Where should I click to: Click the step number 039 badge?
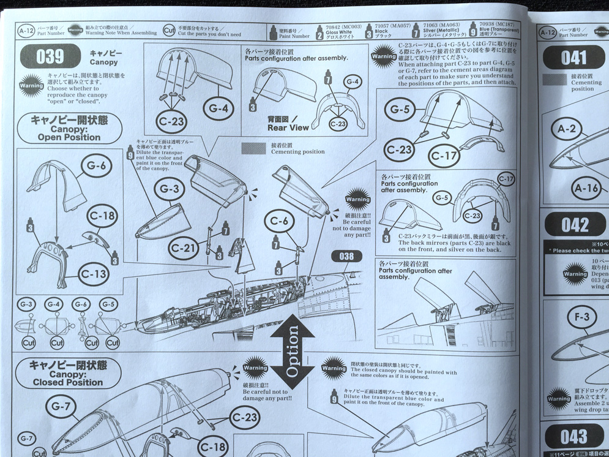click(x=50, y=57)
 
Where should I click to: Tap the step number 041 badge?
click(x=574, y=58)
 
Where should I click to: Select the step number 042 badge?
click(x=575, y=225)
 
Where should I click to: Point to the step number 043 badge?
click(x=574, y=437)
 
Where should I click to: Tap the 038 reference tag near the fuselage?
click(x=347, y=255)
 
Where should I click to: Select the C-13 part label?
click(x=93, y=274)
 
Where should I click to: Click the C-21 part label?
click(x=182, y=248)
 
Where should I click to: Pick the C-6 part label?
click(x=279, y=221)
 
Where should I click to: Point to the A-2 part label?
click(x=567, y=129)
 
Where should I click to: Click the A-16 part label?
click(x=585, y=188)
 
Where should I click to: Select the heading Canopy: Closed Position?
click(x=68, y=373)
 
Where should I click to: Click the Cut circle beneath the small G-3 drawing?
click(x=28, y=342)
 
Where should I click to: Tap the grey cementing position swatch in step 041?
click(x=558, y=78)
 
